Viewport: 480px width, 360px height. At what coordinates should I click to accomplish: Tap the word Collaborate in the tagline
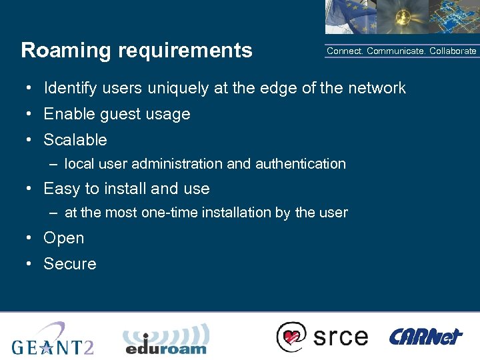(x=453, y=51)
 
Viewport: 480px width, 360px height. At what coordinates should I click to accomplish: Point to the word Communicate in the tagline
(x=396, y=51)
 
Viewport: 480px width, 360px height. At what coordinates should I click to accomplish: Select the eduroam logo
(x=166, y=339)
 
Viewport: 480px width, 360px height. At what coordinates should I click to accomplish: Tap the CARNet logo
(x=425, y=336)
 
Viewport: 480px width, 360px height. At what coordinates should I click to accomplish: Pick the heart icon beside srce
(x=291, y=336)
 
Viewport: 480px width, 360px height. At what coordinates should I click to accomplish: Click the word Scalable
(x=75, y=140)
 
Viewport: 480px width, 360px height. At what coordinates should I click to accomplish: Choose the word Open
(x=63, y=238)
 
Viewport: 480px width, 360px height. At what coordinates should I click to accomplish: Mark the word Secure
(x=69, y=264)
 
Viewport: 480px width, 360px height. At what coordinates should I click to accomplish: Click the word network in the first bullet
(x=376, y=88)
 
